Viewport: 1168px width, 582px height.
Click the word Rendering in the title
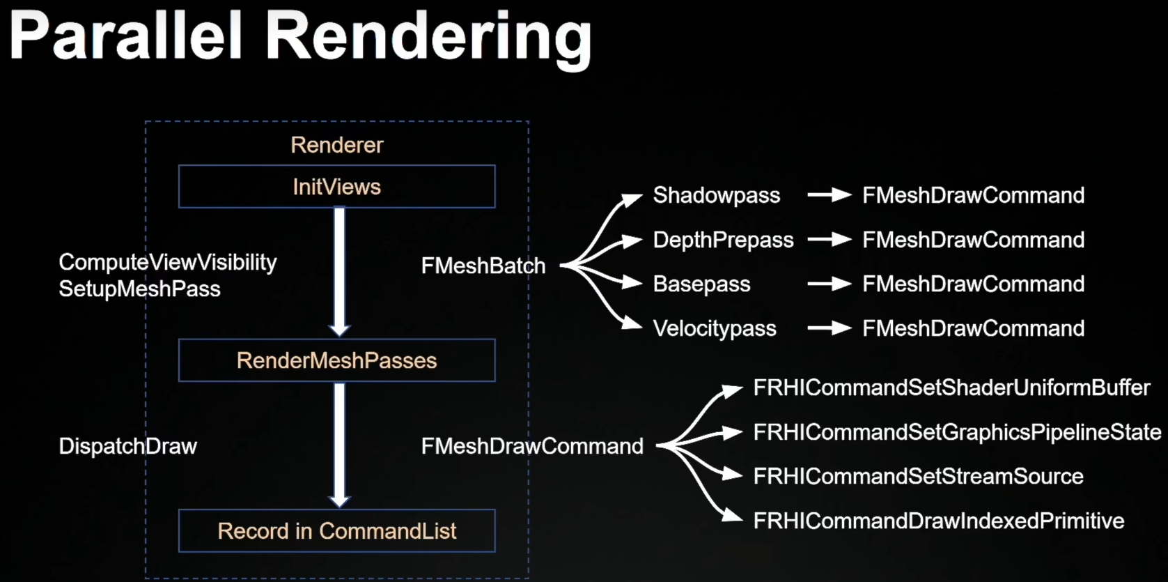pyautogui.click(x=428, y=38)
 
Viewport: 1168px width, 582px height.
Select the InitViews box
pyautogui.click(x=336, y=187)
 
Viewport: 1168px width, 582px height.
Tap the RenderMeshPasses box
pyautogui.click(x=336, y=360)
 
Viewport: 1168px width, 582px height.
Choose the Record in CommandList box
pyautogui.click(x=336, y=531)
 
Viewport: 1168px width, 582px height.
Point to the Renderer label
pyautogui.click(x=336, y=145)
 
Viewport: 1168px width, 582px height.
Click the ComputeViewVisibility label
pyautogui.click(x=167, y=262)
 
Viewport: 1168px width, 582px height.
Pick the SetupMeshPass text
pyautogui.click(x=139, y=289)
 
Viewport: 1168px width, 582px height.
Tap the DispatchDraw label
pyautogui.click(x=127, y=446)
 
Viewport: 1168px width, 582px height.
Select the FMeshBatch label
pyautogui.click(x=483, y=266)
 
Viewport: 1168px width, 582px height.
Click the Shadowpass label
pyautogui.click(x=716, y=195)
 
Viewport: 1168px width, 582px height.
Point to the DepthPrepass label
pyautogui.click(x=723, y=240)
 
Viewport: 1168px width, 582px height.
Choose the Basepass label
pyautogui.click(x=701, y=284)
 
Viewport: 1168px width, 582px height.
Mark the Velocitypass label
pyautogui.click(x=714, y=328)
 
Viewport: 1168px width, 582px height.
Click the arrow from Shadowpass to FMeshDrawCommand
pyautogui.click(x=829, y=195)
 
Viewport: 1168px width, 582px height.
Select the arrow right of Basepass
pyautogui.click(x=829, y=284)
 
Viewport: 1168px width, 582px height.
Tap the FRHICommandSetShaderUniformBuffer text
pyautogui.click(x=951, y=388)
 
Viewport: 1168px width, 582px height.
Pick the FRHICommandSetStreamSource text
pyautogui.click(x=918, y=477)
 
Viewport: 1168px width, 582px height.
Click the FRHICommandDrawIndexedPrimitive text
pyautogui.click(x=938, y=521)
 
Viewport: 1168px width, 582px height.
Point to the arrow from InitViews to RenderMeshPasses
pyautogui.click(x=339, y=272)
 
